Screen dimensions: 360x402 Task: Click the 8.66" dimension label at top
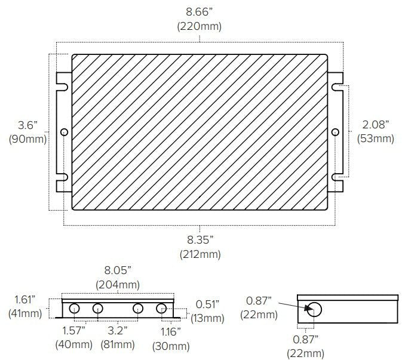[200, 13]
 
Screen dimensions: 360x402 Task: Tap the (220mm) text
[200, 26]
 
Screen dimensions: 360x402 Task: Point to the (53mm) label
[375, 139]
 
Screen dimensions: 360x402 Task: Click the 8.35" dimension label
[200, 240]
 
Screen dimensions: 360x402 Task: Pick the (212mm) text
[200, 254]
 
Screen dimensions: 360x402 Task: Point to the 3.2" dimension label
[118, 330]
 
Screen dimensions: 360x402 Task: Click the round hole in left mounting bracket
[64, 132]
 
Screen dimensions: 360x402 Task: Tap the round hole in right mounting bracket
[335, 132]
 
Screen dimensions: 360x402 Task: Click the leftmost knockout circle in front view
[75, 309]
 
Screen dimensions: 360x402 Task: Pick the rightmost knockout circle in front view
[161, 309]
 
